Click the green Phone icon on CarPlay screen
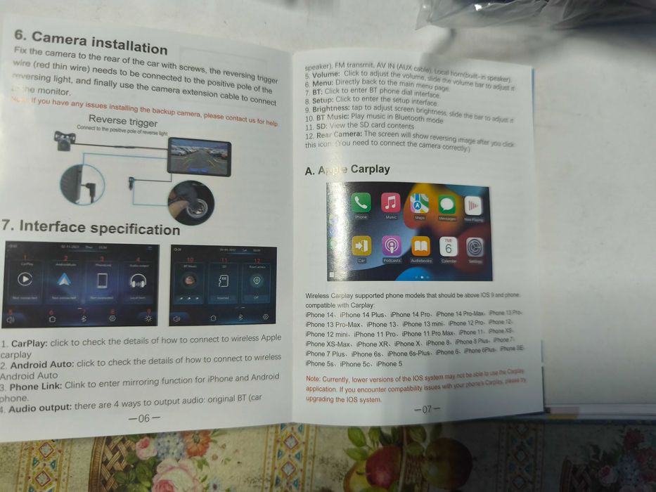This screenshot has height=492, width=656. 361,203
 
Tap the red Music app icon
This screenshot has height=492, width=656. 391,203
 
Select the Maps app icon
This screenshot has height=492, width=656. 420,204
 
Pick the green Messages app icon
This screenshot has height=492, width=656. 446,205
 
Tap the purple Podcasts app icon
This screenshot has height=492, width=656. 392,246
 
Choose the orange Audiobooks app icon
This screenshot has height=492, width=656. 420,247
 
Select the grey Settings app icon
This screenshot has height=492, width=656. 475,247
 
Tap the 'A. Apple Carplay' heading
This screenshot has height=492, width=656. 347,169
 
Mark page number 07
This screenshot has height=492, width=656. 426,409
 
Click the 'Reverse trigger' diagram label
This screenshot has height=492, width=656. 122,121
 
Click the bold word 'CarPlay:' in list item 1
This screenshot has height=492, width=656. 28,344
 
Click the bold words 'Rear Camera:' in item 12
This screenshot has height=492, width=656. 341,135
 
